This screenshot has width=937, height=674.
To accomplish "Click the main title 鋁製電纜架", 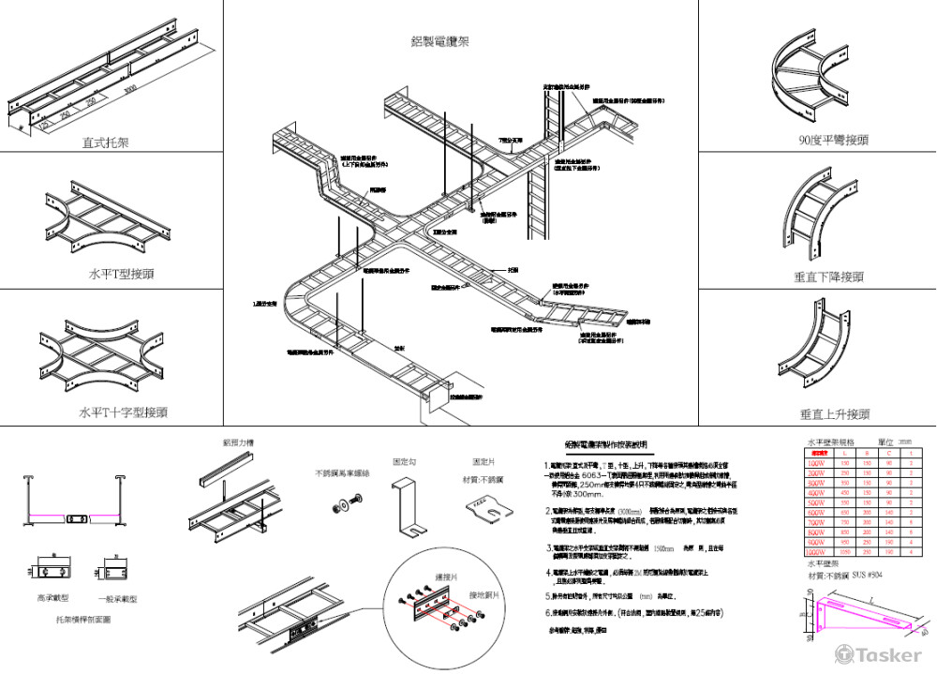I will [439, 41].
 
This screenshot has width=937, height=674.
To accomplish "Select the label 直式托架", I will [105, 143].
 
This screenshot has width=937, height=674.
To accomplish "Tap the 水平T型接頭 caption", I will [121, 275].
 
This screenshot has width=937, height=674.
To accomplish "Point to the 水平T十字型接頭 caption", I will [123, 412].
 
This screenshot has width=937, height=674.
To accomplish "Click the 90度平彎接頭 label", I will [832, 140].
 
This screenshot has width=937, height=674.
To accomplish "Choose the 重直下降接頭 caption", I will [829, 277].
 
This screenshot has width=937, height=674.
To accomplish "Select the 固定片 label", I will [484, 462].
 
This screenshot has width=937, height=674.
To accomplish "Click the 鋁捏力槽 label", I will [238, 442].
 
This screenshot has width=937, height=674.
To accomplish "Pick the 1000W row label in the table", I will [816, 552].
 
